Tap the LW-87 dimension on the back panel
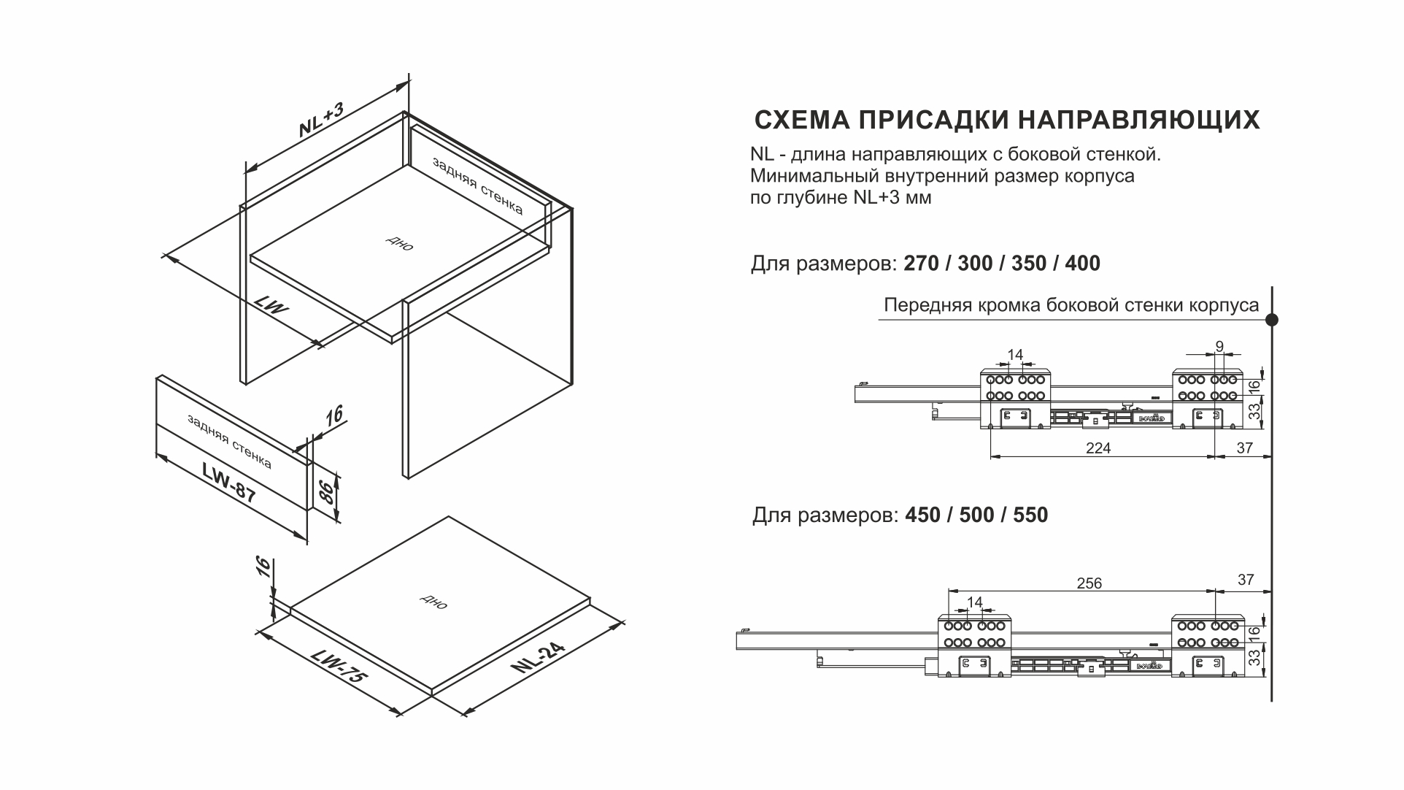click(x=229, y=483)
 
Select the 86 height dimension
click(x=328, y=493)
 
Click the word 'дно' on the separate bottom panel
click(x=433, y=602)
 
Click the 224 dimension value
click(x=1098, y=448)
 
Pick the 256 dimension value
click(x=1089, y=583)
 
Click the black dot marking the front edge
click(x=1271, y=319)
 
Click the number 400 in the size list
click(x=1082, y=264)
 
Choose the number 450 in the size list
click(x=922, y=515)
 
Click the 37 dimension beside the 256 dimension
click(x=1245, y=580)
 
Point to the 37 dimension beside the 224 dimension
click(x=1244, y=448)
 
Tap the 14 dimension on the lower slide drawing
click(x=974, y=602)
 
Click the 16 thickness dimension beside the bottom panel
click(x=264, y=567)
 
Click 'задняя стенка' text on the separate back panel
click(x=229, y=442)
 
